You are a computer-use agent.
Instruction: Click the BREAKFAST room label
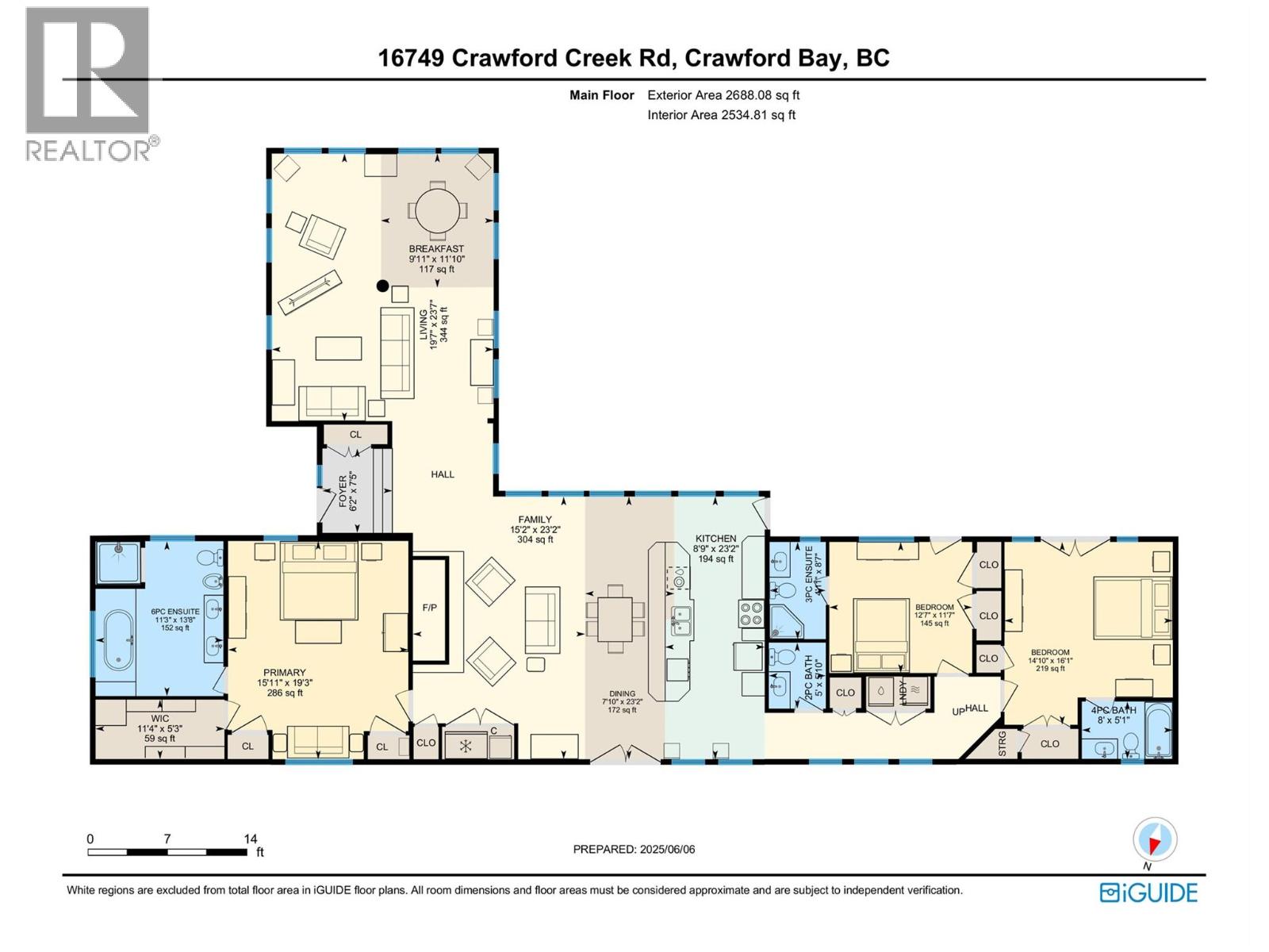tap(436, 248)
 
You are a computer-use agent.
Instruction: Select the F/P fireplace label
tap(429, 608)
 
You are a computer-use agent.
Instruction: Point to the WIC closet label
tap(159, 719)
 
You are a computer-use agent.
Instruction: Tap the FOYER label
tap(343, 492)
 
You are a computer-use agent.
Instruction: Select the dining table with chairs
tap(615, 618)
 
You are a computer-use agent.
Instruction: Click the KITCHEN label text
tap(715, 538)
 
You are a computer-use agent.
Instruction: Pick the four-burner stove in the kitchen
tap(751, 612)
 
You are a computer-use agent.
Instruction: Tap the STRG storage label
tap(1002, 744)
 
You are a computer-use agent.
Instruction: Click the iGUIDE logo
tap(1148, 892)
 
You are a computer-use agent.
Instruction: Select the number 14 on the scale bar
tap(251, 839)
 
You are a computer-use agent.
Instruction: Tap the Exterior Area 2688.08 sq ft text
tap(723, 95)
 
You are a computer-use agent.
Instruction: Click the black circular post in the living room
tap(383, 286)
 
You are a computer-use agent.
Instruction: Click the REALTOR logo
tap(87, 83)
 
